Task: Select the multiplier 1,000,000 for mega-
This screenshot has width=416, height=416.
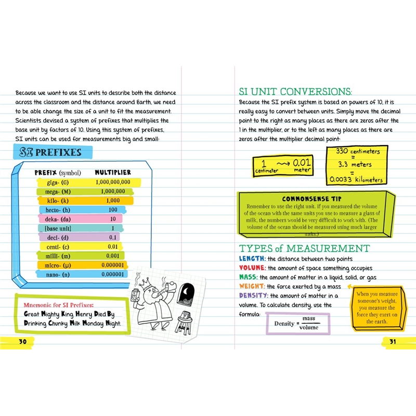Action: click(x=111, y=191)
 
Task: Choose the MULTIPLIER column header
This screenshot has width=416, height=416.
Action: click(x=112, y=172)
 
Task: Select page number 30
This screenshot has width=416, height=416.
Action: click(x=22, y=342)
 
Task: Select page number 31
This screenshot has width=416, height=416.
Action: click(x=393, y=342)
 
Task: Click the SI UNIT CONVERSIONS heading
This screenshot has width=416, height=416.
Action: click(x=295, y=91)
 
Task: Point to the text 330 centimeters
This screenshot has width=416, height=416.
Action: click(x=357, y=151)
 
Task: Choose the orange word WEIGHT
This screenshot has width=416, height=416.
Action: click(x=252, y=287)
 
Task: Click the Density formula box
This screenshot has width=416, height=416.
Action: click(x=298, y=323)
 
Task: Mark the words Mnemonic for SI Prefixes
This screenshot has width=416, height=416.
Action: click(x=55, y=305)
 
